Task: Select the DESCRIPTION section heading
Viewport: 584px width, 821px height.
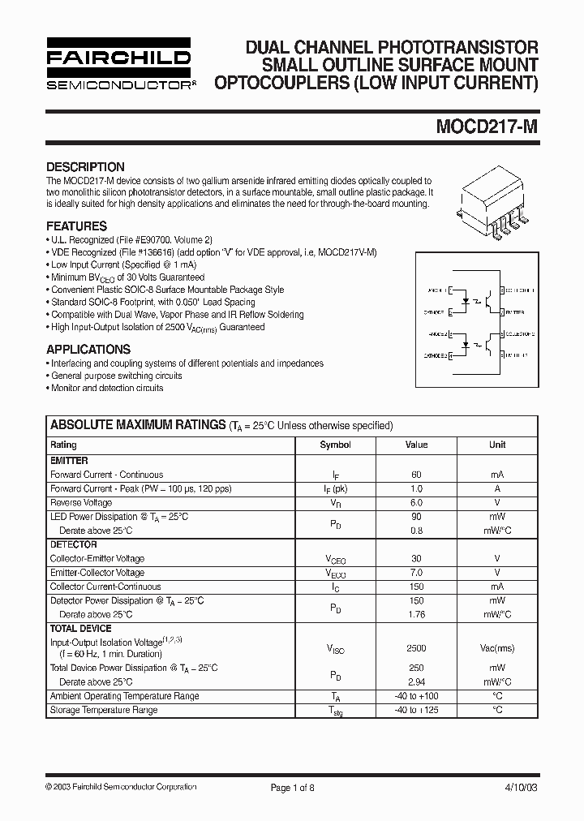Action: coord(85,166)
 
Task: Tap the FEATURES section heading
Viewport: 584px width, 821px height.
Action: coord(77,226)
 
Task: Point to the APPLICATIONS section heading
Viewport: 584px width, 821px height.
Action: coord(88,350)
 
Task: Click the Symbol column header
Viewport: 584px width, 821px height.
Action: coord(335,445)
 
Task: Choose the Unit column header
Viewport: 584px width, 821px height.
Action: coord(497,445)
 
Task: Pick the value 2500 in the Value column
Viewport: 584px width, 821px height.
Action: coord(416,649)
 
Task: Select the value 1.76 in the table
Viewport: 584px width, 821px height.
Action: coord(416,614)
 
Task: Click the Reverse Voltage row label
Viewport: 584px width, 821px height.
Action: coord(81,503)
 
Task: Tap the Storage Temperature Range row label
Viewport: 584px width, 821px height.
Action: coord(104,710)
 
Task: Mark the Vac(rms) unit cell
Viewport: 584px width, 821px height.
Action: coord(497,649)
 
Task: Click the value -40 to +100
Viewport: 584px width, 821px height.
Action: coord(416,696)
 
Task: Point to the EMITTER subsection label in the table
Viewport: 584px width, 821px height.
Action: coord(69,461)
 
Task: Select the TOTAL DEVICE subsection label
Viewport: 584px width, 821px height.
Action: coord(81,629)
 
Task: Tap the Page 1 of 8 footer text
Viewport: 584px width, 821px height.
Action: coord(293,787)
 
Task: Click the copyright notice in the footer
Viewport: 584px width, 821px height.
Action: coord(121,787)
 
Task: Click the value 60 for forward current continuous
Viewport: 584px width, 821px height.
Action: coord(416,475)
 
